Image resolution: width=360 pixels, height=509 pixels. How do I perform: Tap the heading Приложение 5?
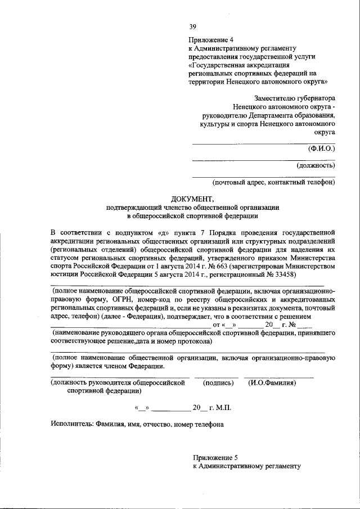point(216,457)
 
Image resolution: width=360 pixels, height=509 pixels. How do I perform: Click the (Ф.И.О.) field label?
point(321,149)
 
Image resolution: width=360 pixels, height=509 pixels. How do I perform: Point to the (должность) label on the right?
point(316,165)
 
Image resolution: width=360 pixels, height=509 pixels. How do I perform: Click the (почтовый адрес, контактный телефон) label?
point(273,182)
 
